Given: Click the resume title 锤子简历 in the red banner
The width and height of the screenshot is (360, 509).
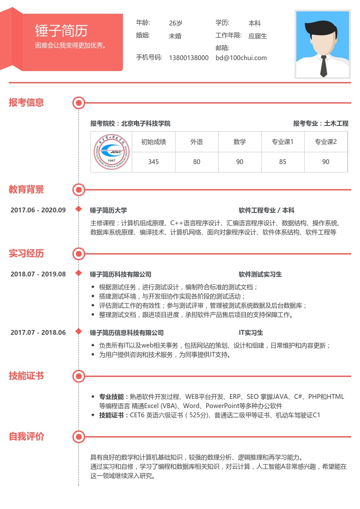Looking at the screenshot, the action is pos(61,30).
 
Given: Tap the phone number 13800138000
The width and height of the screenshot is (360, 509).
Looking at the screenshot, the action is pos(189,58).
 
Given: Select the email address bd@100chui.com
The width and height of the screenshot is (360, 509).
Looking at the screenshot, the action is pos(241,58).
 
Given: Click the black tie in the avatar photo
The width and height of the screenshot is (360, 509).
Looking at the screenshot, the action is pos(323,66).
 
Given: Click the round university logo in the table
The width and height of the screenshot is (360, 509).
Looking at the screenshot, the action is pos(112,152).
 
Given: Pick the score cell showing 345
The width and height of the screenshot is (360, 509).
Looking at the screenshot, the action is pos(153,162).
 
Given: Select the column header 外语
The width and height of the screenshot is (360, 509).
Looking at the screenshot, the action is pos(196,142).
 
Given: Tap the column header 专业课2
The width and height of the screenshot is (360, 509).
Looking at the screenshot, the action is pos(326,142).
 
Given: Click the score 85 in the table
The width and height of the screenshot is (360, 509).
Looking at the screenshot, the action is pos(282,162).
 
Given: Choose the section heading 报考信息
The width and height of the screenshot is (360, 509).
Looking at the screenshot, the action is pos(26,103).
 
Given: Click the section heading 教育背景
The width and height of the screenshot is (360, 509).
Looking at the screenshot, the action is pos(26,190).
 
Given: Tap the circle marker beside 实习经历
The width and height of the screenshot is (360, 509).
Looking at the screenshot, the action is pos(79,254).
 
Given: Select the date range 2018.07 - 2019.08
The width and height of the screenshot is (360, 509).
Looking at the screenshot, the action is pos(38,274).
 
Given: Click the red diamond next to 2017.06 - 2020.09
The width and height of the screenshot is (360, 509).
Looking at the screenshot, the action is pos(79,209).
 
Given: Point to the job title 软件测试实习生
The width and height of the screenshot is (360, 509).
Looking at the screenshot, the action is pos(260,275).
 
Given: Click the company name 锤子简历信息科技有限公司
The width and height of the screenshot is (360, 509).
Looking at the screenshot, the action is pos(126,333).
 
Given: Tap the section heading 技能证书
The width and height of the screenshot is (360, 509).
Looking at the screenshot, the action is pos(26,376).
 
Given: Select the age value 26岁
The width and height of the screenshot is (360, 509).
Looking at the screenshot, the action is pos(176,23).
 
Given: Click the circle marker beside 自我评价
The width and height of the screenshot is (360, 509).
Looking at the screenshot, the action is pos(79,437).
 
